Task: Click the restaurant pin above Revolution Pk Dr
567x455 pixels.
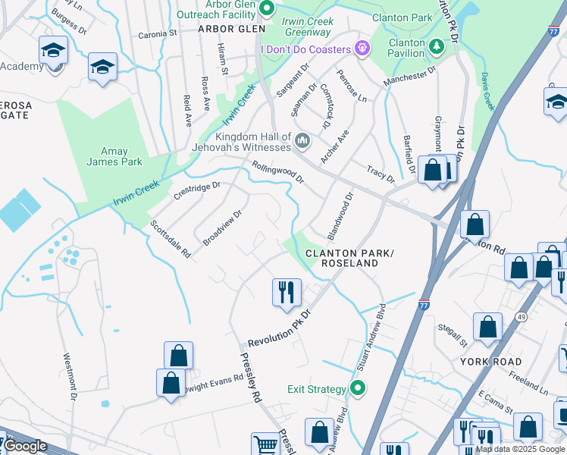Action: click(287, 293)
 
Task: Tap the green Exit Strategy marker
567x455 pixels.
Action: click(359, 389)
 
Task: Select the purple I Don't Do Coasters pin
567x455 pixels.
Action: click(362, 49)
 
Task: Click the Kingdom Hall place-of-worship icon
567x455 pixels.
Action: click(303, 140)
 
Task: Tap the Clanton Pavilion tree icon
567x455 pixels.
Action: click(437, 47)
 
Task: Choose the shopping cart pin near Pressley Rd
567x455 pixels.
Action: click(266, 444)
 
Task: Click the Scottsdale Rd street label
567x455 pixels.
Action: click(170, 239)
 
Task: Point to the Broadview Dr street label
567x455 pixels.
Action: click(222, 227)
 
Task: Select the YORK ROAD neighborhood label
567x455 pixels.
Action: click(490, 362)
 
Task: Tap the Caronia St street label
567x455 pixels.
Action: click(157, 34)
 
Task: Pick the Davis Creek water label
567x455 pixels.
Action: click(487, 90)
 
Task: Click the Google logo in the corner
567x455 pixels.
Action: click(25, 446)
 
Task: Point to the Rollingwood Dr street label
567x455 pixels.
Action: click(277, 172)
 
